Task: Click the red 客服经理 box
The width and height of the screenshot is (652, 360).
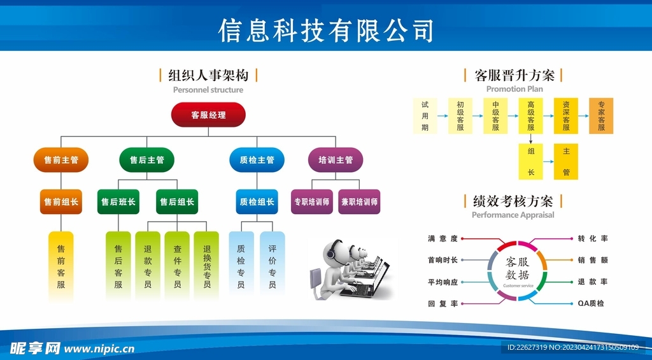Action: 208,115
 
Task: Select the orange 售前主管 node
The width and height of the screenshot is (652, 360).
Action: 61,160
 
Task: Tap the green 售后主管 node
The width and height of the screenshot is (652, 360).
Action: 146,160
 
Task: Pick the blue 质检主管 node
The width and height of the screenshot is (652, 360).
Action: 257,160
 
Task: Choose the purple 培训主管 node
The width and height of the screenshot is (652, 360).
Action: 336,160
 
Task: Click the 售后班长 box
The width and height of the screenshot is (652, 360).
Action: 118,202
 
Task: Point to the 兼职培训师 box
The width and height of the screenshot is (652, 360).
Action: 359,202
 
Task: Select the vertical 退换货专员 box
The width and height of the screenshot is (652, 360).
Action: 207,266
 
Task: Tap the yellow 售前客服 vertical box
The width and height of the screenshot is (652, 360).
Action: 61,266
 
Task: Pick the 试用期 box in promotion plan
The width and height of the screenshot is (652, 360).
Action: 425,116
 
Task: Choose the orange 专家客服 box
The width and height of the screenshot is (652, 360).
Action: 601,116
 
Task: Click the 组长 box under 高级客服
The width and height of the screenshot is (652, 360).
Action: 531,162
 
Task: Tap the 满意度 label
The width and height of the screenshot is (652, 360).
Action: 443,239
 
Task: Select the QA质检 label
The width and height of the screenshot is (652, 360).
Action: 592,304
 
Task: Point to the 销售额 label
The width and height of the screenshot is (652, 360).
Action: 593,260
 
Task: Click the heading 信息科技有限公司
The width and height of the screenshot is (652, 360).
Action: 326,30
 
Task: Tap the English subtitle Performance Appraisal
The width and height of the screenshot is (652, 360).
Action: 513,215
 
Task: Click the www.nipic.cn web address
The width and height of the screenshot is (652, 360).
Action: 99,349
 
